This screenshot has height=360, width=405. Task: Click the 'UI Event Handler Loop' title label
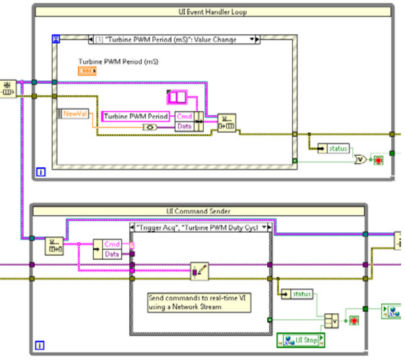tap(212, 12)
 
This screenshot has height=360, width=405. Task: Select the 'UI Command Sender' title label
tap(198, 211)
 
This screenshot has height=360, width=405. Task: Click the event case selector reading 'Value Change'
tap(174, 40)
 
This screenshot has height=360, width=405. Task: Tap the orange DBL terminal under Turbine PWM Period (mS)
tap(87, 71)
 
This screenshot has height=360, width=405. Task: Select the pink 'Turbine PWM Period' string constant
tap(136, 116)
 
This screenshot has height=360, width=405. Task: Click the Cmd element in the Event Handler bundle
tap(184, 116)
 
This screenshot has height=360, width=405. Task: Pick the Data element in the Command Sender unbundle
tap(112, 254)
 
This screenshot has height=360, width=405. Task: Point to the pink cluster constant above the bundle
tap(177, 97)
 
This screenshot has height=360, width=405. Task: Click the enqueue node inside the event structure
tap(226, 123)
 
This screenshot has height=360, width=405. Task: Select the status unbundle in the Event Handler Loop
tap(334, 148)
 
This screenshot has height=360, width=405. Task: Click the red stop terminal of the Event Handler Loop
tap(378, 160)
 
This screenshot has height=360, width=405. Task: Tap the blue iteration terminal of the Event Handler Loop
tap(41, 172)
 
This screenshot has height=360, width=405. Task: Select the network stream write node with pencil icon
tap(199, 271)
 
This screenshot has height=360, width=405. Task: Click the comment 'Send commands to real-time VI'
tap(199, 302)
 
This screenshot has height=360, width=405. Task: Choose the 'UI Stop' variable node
tap(301, 340)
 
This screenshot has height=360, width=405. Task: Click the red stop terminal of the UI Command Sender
tap(354, 321)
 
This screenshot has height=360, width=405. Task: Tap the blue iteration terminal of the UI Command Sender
tap(39, 345)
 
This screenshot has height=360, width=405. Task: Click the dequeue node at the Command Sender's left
tap(54, 246)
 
